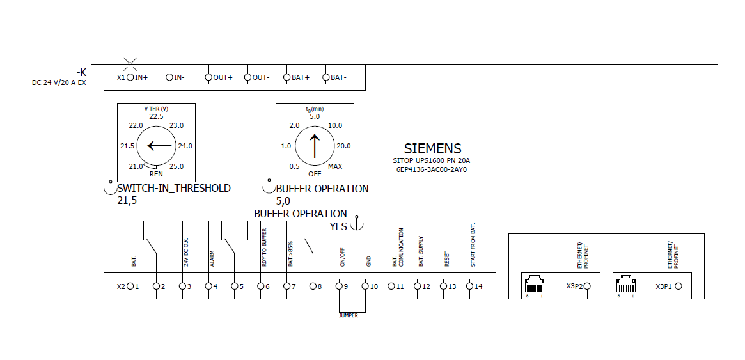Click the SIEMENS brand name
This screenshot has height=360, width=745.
point(432,149)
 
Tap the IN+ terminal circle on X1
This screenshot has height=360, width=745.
point(130,77)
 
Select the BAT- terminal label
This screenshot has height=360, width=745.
point(339,77)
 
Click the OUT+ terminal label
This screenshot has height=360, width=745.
point(223,77)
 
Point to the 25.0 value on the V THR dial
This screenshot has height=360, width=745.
point(176,166)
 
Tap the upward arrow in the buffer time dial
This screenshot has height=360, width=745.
point(314,145)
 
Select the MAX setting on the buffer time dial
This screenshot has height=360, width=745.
point(334,166)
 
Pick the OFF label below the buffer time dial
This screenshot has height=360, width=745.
point(315,173)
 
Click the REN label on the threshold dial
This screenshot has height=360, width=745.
point(156,173)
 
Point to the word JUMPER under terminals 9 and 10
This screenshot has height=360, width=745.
point(349,315)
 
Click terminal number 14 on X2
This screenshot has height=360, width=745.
point(478,286)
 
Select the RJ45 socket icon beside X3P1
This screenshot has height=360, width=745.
point(626,284)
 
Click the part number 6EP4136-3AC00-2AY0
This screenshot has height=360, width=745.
point(432,171)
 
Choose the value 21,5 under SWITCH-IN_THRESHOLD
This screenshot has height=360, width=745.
point(127,200)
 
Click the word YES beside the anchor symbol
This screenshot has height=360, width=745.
point(339,226)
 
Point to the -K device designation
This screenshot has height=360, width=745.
point(81,72)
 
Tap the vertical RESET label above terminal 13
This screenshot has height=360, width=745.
point(447,259)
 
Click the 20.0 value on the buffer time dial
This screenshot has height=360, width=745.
point(343,146)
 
